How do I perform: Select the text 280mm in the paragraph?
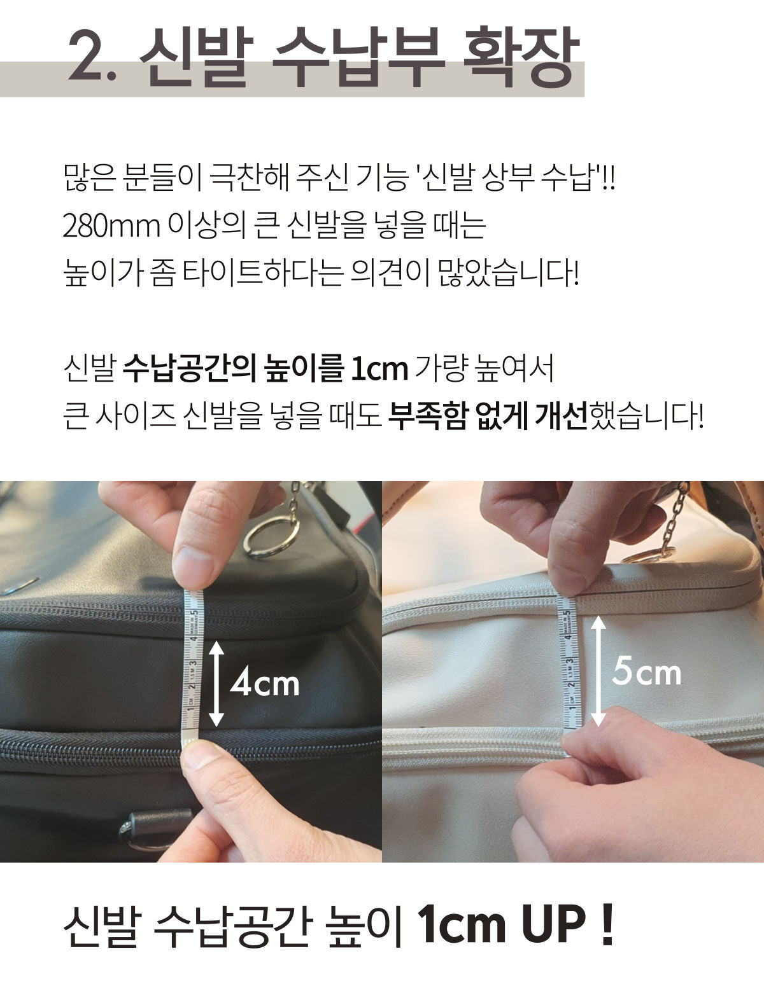coord(111,226)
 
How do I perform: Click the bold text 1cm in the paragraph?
coord(379,368)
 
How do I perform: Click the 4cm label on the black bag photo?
coord(265,684)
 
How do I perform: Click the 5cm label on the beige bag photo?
coord(646,672)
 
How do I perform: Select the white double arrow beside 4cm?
coord(216,684)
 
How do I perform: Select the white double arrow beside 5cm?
coord(598,670)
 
